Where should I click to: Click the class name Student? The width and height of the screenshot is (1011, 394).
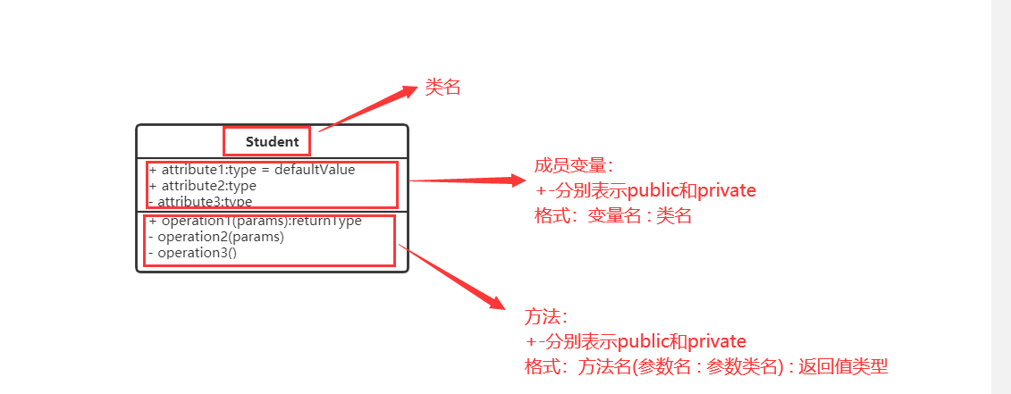[273, 141]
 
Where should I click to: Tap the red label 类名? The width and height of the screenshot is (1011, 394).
[442, 88]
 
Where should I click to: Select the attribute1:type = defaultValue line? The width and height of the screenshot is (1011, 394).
[252, 170]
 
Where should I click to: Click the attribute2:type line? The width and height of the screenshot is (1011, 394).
[203, 186]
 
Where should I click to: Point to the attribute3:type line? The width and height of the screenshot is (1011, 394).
[201, 202]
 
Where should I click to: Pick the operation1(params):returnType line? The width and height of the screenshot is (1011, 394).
[256, 221]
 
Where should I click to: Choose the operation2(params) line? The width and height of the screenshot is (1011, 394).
[215, 237]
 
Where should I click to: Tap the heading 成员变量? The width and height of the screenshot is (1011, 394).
[573, 165]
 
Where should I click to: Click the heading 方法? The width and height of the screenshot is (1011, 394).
[545, 317]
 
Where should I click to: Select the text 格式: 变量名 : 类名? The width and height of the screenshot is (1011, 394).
[613, 216]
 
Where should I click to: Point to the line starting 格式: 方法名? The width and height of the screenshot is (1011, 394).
[705, 367]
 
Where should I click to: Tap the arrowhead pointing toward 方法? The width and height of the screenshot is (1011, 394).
[498, 303]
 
